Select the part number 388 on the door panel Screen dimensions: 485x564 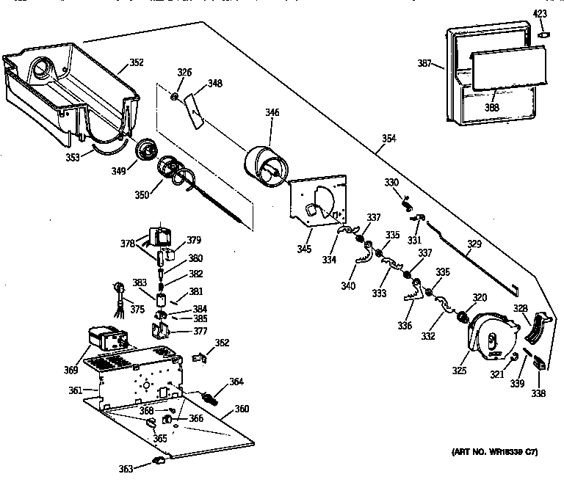491,107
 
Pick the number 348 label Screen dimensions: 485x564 214,84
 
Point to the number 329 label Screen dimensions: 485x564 476,244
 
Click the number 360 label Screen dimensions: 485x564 242,409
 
